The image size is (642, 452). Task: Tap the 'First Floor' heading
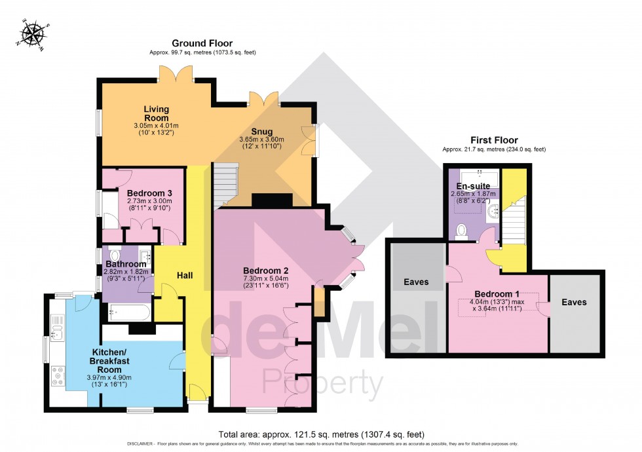(x=494, y=140)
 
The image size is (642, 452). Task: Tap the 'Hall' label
(x=186, y=276)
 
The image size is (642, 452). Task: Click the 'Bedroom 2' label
(x=266, y=271)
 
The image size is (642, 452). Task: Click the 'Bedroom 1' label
(x=497, y=293)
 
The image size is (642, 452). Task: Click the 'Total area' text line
(x=320, y=434)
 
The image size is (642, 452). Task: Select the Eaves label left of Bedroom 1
(x=416, y=282)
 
